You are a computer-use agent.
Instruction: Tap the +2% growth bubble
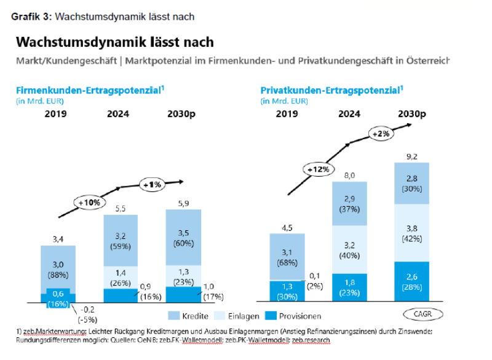point(381,133)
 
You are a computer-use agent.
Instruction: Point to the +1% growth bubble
point(152,185)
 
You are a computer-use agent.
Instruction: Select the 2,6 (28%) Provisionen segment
point(412,282)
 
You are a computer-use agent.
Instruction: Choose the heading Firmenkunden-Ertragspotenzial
point(90,90)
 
